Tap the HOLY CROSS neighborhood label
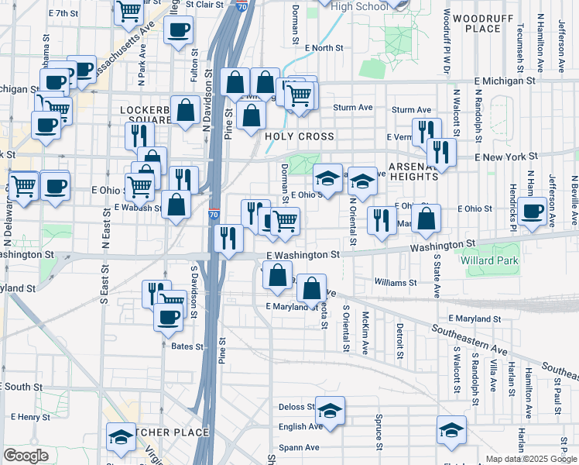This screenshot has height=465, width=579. [x=300, y=136]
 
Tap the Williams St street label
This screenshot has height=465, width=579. [x=395, y=282]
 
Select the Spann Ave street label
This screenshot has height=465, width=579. [x=300, y=447]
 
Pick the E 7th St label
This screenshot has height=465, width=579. [x=63, y=14]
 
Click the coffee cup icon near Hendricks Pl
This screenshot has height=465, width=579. [x=532, y=212]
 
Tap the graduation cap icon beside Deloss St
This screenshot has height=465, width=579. [x=331, y=410]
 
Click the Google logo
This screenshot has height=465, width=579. [x=26, y=456]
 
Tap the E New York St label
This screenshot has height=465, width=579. [x=505, y=157]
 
